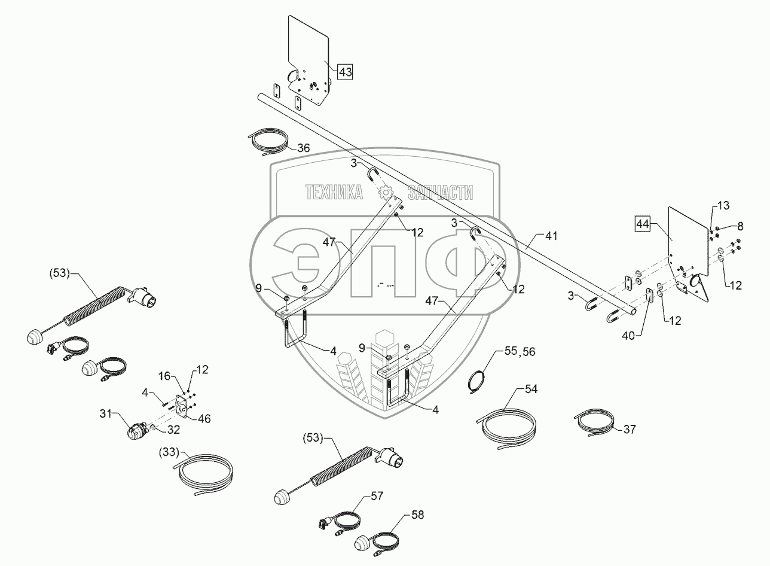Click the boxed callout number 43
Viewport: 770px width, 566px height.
click(x=345, y=72)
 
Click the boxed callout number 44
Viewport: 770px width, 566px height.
click(x=641, y=224)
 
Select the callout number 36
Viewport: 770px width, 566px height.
click(x=303, y=148)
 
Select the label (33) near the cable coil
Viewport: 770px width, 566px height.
click(x=169, y=452)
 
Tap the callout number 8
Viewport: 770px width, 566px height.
click(x=740, y=226)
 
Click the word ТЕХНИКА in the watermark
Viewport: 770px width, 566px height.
click(x=334, y=192)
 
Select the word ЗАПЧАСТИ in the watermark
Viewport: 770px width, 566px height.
click(x=441, y=192)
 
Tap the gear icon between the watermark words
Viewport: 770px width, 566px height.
click(x=386, y=192)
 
